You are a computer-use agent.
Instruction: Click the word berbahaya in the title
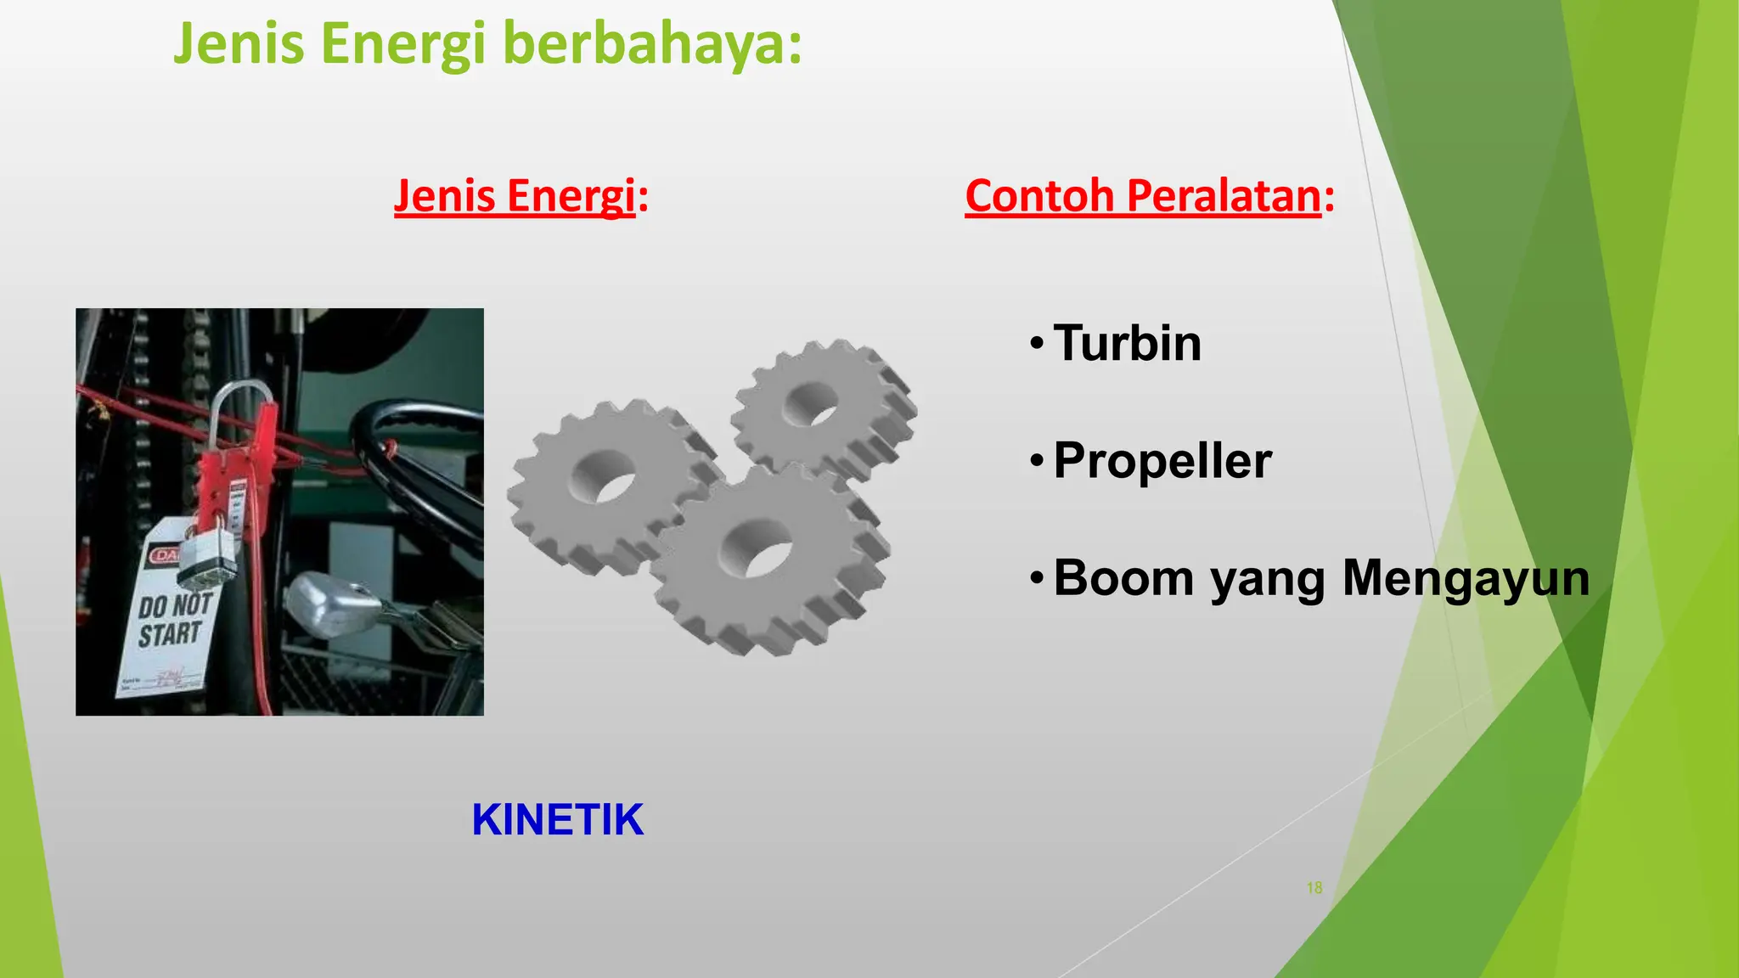pyautogui.click(x=652, y=44)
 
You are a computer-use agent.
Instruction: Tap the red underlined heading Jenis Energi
pyautogui.click(x=515, y=196)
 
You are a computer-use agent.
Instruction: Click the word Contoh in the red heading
pyautogui.click(x=1039, y=196)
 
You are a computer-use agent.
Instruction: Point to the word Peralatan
pyautogui.click(x=1224, y=196)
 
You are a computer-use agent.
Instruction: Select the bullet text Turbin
pyautogui.click(x=1127, y=343)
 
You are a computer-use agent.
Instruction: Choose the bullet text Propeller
pyautogui.click(x=1162, y=461)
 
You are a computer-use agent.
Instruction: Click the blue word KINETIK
pyautogui.click(x=558, y=820)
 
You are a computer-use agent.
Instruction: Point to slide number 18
pyautogui.click(x=1314, y=888)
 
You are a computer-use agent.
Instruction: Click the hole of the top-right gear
pyautogui.click(x=811, y=404)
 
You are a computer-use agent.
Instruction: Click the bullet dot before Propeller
pyautogui.click(x=1035, y=462)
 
